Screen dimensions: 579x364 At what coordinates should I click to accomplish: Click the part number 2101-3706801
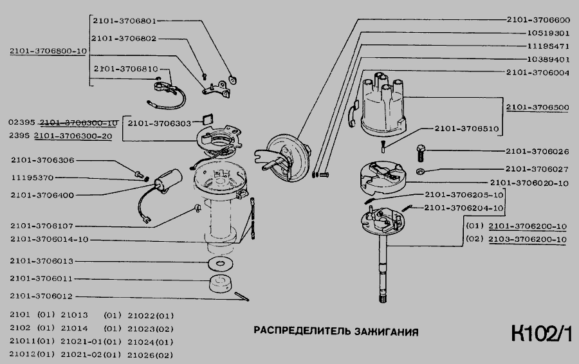[124, 21]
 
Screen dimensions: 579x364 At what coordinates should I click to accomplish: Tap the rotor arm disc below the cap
[383, 177]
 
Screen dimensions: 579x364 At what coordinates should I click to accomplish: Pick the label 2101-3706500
[537, 107]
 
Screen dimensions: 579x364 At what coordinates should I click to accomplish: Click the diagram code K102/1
[541, 334]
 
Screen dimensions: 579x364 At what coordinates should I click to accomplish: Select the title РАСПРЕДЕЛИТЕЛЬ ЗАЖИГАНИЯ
[336, 331]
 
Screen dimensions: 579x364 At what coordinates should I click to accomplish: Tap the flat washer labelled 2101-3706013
[220, 264]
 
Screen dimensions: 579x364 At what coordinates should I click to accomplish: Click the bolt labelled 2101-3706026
[421, 152]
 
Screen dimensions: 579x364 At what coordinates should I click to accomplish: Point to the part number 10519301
[548, 33]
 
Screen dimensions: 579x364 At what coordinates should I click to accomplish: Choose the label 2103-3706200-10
[528, 239]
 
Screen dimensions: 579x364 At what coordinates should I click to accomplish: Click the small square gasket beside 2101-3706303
[208, 120]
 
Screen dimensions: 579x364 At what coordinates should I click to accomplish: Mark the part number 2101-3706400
[42, 195]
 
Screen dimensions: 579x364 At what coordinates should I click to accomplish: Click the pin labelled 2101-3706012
[241, 296]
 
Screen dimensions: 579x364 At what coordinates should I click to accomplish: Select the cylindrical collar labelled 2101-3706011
[220, 284]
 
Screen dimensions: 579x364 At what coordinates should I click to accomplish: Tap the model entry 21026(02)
[151, 355]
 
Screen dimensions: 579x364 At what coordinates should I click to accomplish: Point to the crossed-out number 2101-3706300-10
[78, 123]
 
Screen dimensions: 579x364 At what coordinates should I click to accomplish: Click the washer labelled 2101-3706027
[420, 171]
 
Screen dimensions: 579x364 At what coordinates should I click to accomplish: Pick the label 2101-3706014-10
[50, 239]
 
